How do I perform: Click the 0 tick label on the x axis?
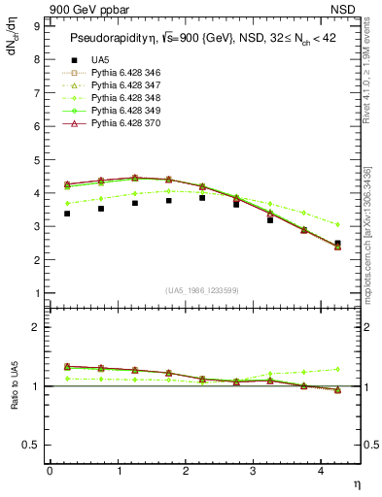tap(50, 471)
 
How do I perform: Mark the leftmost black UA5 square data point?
tap(66, 214)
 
